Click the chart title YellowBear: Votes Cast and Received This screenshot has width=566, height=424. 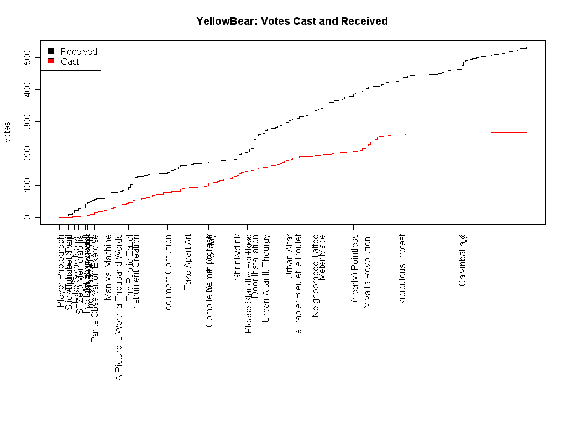point(292,22)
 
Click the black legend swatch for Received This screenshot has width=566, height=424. point(51,51)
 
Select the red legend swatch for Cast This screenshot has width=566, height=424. point(51,61)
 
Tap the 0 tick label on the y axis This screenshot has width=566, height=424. point(27,217)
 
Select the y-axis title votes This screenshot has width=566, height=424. point(8,132)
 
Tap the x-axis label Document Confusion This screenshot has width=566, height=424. point(169,275)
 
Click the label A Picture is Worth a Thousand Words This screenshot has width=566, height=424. point(118,308)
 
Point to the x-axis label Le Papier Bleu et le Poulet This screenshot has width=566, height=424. point(298,287)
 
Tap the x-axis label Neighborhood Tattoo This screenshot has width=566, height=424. point(316,275)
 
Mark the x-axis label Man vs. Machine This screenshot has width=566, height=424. point(108,267)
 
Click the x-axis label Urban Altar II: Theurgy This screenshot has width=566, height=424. point(266,278)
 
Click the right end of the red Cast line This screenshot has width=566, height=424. point(526,132)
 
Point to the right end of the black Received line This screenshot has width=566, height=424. point(526,48)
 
